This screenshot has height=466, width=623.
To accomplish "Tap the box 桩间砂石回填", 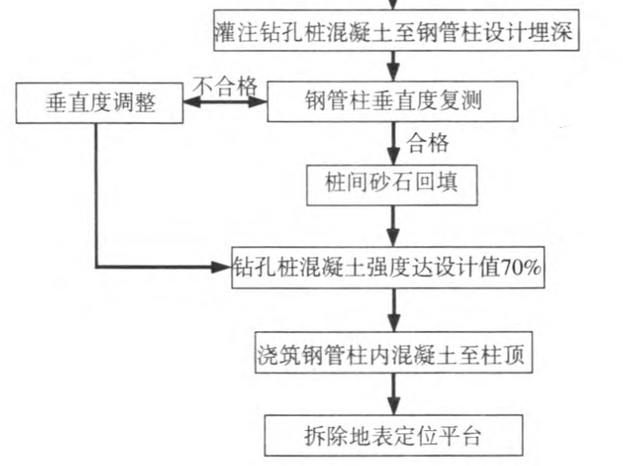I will (391, 186).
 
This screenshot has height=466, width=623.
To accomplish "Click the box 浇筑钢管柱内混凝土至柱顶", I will (391, 352).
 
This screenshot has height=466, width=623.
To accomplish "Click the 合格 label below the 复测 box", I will (427, 144).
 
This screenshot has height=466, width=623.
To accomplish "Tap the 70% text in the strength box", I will (522, 269).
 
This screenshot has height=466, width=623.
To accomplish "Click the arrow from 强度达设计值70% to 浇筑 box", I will (392, 310).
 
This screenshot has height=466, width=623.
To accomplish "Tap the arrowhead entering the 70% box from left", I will (223, 268).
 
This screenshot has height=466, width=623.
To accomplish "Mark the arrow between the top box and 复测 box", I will (393, 66).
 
